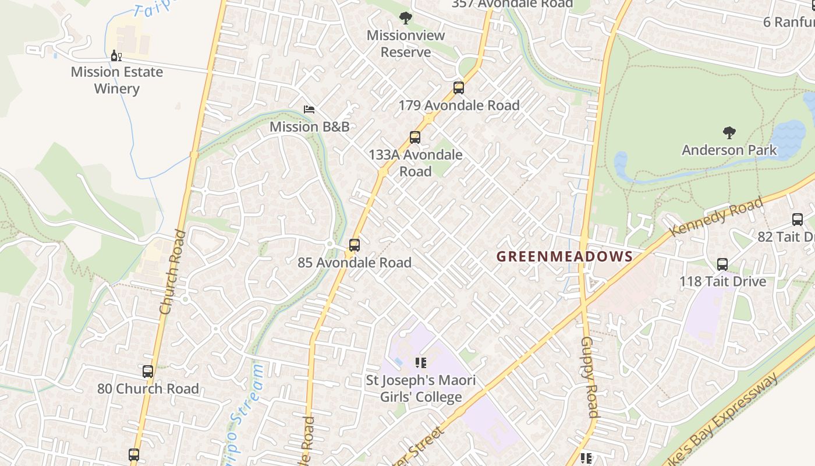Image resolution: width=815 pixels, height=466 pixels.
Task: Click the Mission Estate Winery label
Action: tap(117, 80)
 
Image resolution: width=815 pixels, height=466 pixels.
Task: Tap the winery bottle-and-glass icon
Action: tap(116, 56)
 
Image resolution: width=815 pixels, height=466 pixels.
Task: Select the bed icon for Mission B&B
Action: tap(309, 110)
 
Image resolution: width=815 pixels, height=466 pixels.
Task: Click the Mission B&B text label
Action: tap(309, 126)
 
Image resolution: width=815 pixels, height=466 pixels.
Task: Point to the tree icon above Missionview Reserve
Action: tap(406, 18)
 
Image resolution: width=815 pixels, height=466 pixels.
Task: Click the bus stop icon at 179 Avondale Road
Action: tap(459, 88)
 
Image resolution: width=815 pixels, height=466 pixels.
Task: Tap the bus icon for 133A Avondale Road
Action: tap(415, 137)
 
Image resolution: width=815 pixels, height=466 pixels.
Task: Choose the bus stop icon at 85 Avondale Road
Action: tap(355, 245)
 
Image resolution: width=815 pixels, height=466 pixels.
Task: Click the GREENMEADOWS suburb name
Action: tap(564, 256)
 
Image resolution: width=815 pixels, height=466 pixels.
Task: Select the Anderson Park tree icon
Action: tap(729, 133)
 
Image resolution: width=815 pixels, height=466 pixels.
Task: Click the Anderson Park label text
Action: tap(729, 150)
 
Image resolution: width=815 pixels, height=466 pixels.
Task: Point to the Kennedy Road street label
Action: tap(717, 217)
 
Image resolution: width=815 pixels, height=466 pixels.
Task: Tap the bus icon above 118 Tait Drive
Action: tap(722, 264)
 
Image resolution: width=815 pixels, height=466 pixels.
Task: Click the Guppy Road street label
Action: tap(589, 377)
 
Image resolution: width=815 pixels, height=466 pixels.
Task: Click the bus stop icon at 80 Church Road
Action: tap(148, 372)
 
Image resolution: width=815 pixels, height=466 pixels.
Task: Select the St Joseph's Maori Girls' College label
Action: tap(420, 389)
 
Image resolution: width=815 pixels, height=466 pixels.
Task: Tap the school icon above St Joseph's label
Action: tap(421, 363)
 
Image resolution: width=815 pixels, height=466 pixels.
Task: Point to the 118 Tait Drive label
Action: tap(722, 281)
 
